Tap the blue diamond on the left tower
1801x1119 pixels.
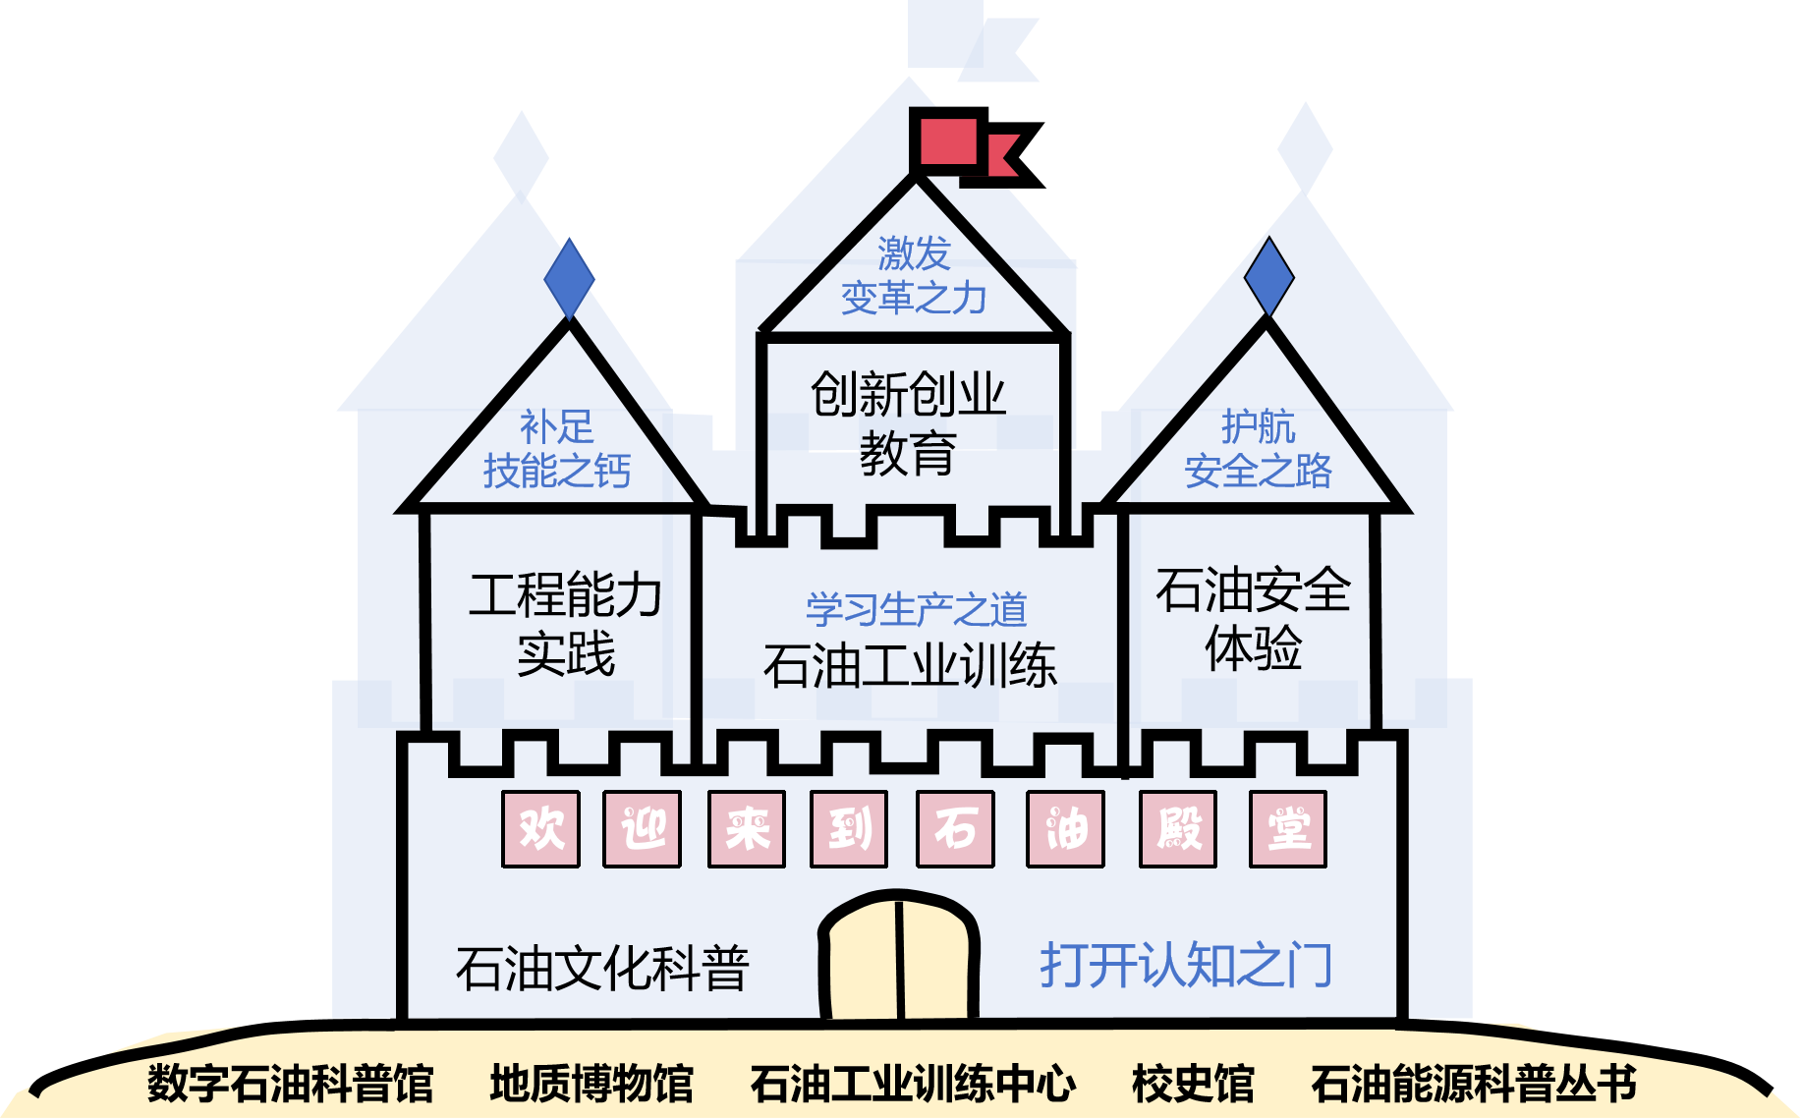tap(569, 279)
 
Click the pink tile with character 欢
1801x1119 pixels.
tap(540, 829)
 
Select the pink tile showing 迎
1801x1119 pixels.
tap(642, 829)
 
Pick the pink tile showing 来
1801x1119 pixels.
tap(747, 829)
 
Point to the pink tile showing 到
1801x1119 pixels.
tap(849, 829)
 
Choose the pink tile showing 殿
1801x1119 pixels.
tap(1178, 829)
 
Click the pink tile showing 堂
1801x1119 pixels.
tap(1288, 829)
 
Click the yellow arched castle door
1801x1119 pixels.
tap(899, 957)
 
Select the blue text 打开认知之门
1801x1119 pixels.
tap(1186, 965)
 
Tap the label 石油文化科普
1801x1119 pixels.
tap(602, 969)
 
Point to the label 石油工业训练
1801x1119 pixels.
tap(910, 665)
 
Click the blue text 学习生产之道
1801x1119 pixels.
tap(916, 610)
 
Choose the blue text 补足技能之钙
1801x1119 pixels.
tap(557, 450)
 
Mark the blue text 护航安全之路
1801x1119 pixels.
tap(1259, 450)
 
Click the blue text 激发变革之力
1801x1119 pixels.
tap(914, 276)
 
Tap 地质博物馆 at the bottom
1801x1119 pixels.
tap(591, 1084)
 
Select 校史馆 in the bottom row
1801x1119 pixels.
tap(1193, 1084)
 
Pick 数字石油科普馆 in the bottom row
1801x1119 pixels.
tap(291, 1084)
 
